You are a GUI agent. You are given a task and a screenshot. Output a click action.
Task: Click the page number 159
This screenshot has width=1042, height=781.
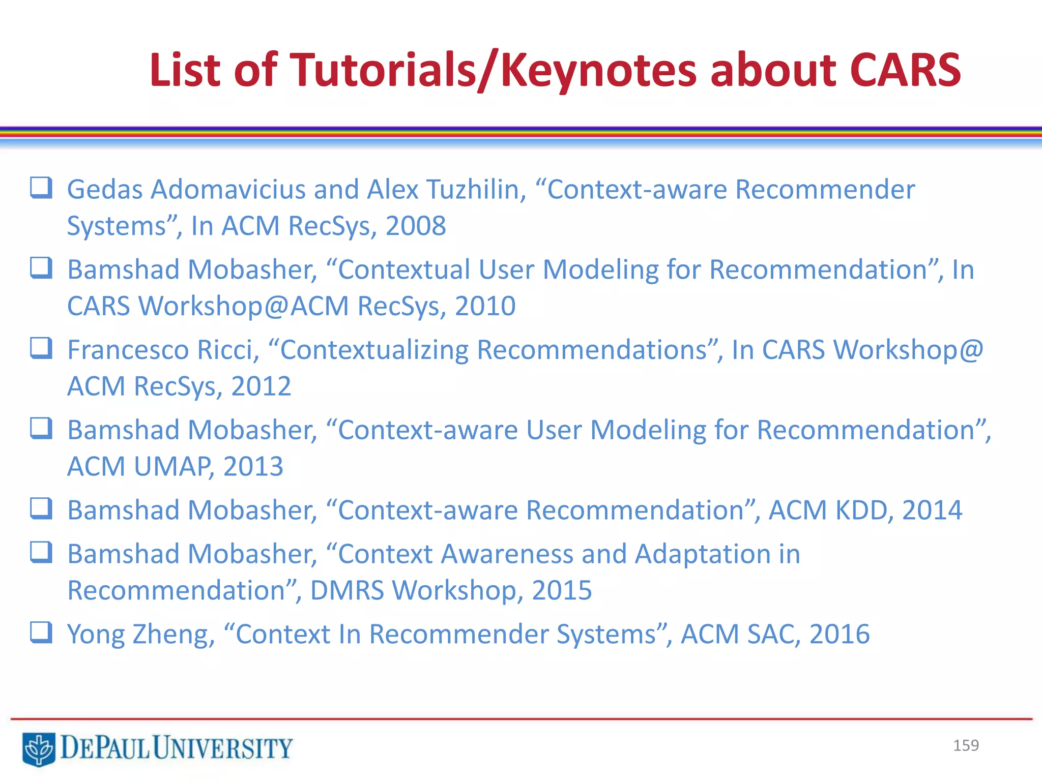coord(966,745)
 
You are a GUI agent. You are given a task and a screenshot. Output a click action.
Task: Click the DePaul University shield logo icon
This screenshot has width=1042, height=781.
coord(39,748)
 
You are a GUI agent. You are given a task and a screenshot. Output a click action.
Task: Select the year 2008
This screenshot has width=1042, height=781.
coord(416,226)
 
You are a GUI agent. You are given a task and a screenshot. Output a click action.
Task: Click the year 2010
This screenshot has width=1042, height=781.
coord(485,306)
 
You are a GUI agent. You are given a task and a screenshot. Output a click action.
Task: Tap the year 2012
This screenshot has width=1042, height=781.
coord(261,386)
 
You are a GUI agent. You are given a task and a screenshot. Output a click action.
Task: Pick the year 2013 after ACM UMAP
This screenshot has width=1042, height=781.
coord(253,466)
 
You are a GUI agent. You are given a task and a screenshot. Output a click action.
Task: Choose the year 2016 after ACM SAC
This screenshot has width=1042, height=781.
coord(839,634)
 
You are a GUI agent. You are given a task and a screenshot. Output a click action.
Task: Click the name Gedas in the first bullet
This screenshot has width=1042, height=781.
coord(105,190)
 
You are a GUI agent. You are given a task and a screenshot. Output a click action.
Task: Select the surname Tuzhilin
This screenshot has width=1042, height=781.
coord(476,190)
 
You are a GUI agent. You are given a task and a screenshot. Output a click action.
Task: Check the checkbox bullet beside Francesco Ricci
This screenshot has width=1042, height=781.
coord(41,348)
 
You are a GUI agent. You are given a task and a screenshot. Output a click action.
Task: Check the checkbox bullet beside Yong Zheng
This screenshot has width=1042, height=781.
coord(41,633)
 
